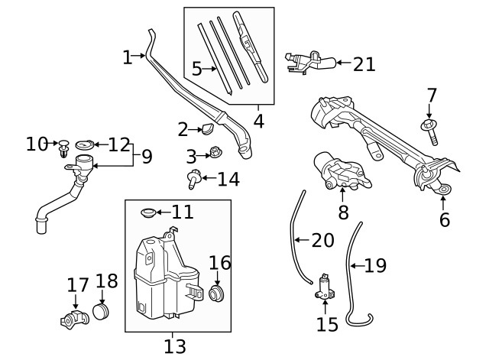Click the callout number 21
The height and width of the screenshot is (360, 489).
[x=364, y=63]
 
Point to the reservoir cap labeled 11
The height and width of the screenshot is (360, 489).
[x=148, y=211]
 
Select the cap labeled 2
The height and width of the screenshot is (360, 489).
[x=208, y=128]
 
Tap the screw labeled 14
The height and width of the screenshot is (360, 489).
[x=193, y=180]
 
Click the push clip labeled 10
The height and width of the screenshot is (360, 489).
[x=64, y=145]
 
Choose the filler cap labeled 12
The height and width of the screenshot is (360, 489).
[x=84, y=144]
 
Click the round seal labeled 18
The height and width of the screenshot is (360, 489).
[x=102, y=312]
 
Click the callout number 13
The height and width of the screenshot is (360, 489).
[x=175, y=346]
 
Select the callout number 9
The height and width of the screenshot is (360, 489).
[x=146, y=157]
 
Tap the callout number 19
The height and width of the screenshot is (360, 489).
[x=375, y=265]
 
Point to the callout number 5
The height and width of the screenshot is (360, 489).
[x=196, y=69]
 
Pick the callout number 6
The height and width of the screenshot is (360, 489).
[x=444, y=220]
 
